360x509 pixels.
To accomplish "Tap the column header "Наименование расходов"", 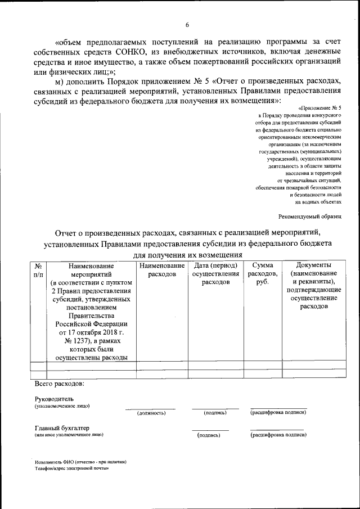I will click(163, 269).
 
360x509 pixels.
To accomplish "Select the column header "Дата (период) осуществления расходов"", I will click(215, 273).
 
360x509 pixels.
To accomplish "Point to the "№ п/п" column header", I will click(38, 269).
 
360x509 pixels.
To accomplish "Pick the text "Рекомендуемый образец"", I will click(310, 216).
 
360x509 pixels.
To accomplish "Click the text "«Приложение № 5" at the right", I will click(317, 107).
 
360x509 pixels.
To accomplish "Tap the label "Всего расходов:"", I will click(59, 384).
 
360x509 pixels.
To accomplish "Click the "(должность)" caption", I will click(151, 413).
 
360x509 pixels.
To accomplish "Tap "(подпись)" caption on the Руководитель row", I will click(215, 413).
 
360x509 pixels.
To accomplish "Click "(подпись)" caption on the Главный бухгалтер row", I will click(209, 435).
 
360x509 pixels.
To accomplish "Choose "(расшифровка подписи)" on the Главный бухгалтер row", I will click(277, 435).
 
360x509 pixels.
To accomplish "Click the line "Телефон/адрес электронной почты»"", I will click(71, 468).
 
